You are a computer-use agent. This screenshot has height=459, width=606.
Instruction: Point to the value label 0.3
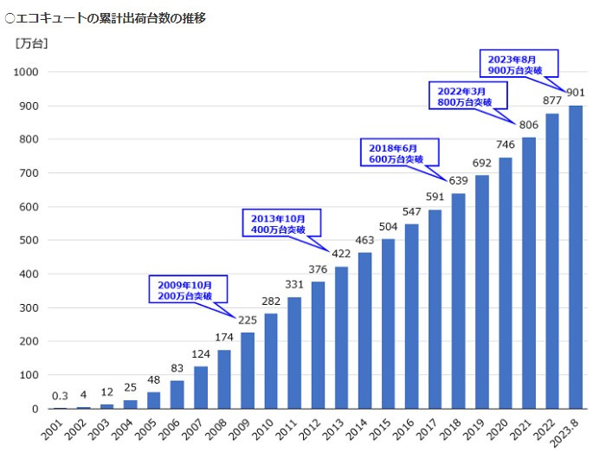pos(60,397)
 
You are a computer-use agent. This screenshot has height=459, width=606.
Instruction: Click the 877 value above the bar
pos(551,100)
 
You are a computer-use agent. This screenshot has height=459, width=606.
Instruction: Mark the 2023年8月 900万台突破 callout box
pos(518,63)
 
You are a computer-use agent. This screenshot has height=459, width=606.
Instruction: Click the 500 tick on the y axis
pos(29,241)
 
